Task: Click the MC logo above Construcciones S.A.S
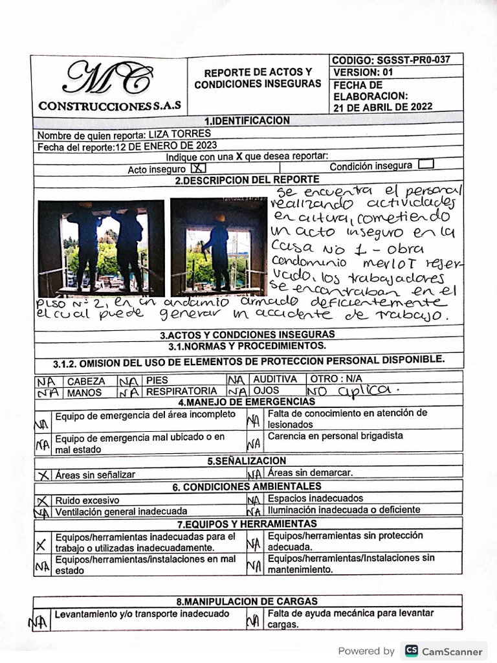109,79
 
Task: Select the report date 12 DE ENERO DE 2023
166,145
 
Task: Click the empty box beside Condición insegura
426,164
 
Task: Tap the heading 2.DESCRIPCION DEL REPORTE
247,180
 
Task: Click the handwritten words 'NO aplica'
353,390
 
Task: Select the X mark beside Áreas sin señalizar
43,475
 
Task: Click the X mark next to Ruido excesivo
43,500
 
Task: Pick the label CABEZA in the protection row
87,381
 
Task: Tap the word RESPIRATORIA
181,391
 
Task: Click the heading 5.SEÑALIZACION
247,460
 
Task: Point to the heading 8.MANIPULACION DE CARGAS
247,601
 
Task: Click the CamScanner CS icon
410,651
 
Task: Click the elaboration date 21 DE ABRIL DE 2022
382,107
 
